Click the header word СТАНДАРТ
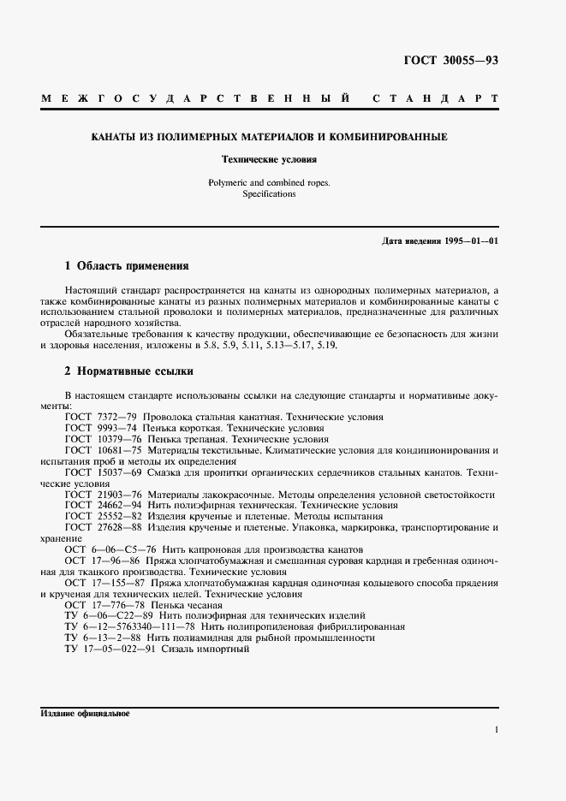coord(437,98)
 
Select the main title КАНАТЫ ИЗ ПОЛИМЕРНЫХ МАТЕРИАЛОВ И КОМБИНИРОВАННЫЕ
coord(270,137)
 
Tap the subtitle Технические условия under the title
coord(270,159)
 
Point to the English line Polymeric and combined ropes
coord(269,182)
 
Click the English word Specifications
coord(270,194)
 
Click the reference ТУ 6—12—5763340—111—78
coord(128,627)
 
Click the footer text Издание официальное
coord(84,714)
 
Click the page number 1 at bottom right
coord(496,730)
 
